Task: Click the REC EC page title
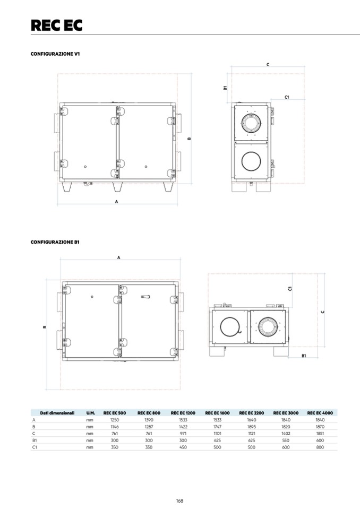(56, 25)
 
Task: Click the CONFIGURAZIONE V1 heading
(55, 54)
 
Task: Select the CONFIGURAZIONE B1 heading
(55, 242)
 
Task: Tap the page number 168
(180, 501)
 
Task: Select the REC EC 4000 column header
(320, 412)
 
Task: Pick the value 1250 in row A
(114, 420)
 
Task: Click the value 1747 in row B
(217, 427)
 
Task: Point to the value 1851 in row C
(320, 434)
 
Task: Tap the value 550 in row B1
(286, 441)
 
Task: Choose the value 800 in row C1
(320, 447)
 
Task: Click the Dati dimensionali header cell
(53, 412)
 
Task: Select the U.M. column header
(90, 412)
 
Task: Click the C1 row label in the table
(34, 447)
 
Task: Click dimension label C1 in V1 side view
(287, 97)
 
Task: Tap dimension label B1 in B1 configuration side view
(303, 355)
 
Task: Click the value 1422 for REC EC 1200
(183, 427)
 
